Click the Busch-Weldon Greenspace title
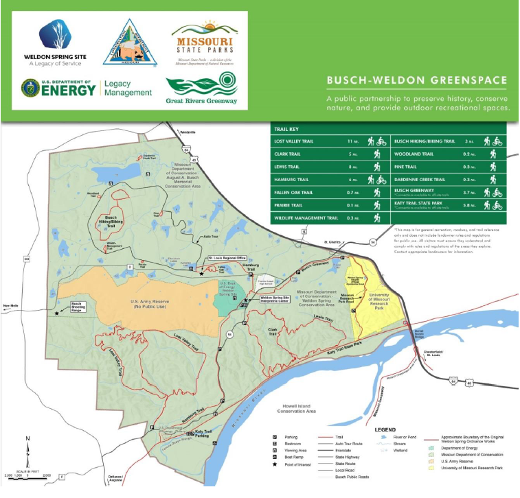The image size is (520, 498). [418, 80]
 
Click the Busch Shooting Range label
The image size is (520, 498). [78, 309]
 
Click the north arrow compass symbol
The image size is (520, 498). [27, 447]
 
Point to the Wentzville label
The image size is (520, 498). [187, 132]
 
